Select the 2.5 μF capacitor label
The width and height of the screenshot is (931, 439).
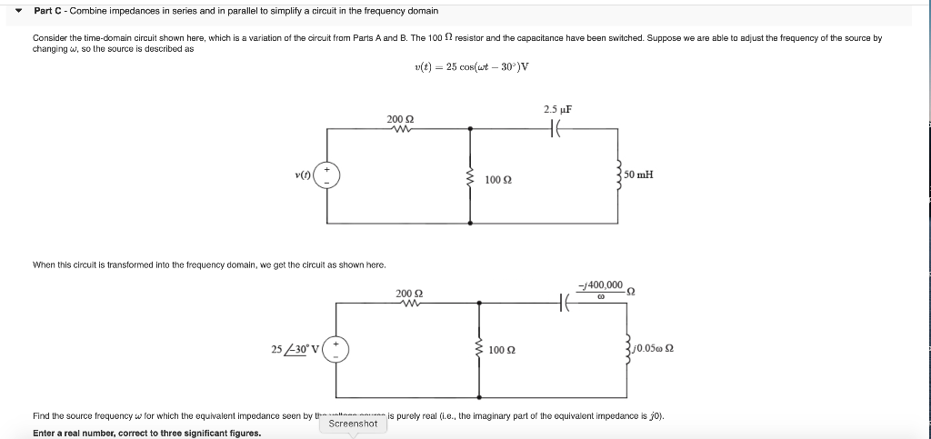point(557,110)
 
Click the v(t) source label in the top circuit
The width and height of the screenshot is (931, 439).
point(301,174)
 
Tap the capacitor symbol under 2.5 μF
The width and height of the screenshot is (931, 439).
point(558,129)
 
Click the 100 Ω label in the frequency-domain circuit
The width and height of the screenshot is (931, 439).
point(503,350)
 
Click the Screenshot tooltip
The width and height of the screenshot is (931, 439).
point(353,424)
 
